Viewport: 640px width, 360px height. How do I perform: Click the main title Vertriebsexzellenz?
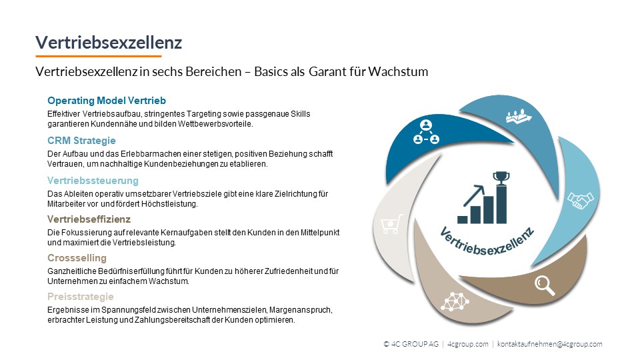tap(109, 43)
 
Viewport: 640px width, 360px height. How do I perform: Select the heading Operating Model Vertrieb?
tap(107, 101)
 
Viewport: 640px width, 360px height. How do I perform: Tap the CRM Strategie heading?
tap(81, 141)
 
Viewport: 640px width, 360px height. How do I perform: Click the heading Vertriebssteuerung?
tap(93, 181)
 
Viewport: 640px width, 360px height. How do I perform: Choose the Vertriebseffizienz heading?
tap(89, 219)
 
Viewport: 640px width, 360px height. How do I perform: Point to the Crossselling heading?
tap(77, 258)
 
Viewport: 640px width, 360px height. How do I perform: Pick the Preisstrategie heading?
tap(81, 296)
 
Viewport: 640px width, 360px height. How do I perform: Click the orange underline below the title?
tap(99, 56)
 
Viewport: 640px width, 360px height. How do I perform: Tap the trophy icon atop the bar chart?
tap(501, 177)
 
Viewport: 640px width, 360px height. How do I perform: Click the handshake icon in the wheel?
tap(581, 200)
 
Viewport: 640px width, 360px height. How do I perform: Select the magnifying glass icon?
tap(545, 285)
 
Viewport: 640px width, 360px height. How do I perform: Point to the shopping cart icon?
tap(392, 224)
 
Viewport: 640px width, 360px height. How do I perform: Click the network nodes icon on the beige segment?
tap(455, 301)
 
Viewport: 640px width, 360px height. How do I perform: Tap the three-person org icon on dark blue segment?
tap(426, 132)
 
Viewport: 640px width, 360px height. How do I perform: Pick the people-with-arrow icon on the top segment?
tap(519, 116)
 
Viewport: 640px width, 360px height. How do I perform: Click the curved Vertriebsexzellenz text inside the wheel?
tap(487, 241)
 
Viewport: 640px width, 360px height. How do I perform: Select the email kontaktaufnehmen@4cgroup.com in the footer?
tap(549, 344)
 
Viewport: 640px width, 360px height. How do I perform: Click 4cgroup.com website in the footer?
tap(468, 344)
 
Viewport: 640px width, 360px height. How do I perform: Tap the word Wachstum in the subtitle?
tap(398, 71)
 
